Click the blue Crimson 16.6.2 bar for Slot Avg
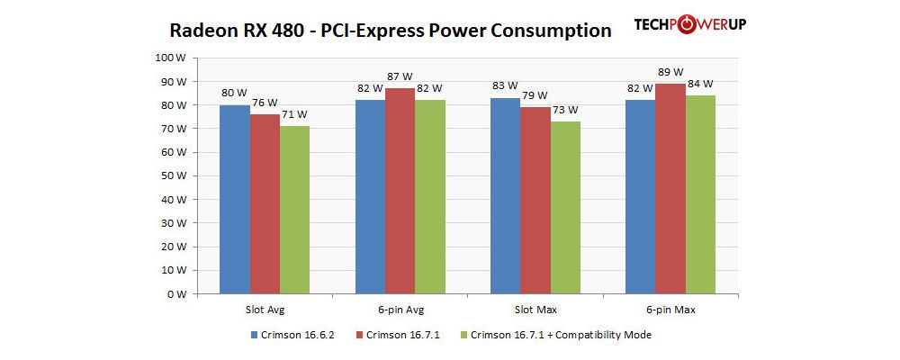coord(235,199)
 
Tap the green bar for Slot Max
coord(565,207)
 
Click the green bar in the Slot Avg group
coord(294,210)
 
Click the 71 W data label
coord(294,114)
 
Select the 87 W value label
coord(400,76)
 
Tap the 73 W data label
coord(565,110)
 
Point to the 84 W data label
coord(700,84)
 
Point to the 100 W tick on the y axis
coord(171,57)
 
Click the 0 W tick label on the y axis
coord(176,294)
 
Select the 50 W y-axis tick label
coord(174,175)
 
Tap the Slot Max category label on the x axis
coord(535,310)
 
